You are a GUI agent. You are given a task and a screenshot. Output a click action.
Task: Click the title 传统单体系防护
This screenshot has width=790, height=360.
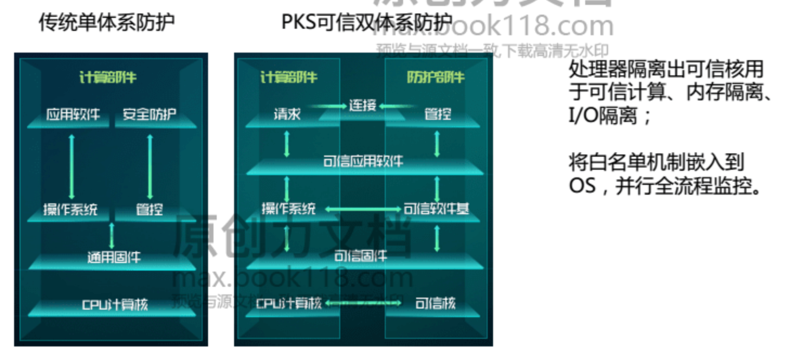point(107,23)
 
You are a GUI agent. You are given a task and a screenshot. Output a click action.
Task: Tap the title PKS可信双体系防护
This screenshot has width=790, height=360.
point(367,23)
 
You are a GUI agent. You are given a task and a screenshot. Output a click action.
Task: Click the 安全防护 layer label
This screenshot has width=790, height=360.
point(150,114)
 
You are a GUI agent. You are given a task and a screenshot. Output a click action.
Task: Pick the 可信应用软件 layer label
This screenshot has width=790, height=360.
point(363,162)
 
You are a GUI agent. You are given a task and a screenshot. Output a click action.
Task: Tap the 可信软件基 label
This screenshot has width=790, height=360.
point(436,209)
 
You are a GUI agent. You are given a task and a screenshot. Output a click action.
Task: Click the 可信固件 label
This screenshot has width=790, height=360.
point(360,256)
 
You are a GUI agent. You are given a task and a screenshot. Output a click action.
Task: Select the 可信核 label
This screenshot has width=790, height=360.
point(435,304)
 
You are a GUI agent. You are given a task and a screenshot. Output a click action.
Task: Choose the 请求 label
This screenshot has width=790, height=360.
point(287,114)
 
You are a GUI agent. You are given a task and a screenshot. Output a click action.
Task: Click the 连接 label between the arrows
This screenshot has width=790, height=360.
point(362,105)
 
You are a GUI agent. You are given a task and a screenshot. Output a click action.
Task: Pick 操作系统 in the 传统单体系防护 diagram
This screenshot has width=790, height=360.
point(70,209)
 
